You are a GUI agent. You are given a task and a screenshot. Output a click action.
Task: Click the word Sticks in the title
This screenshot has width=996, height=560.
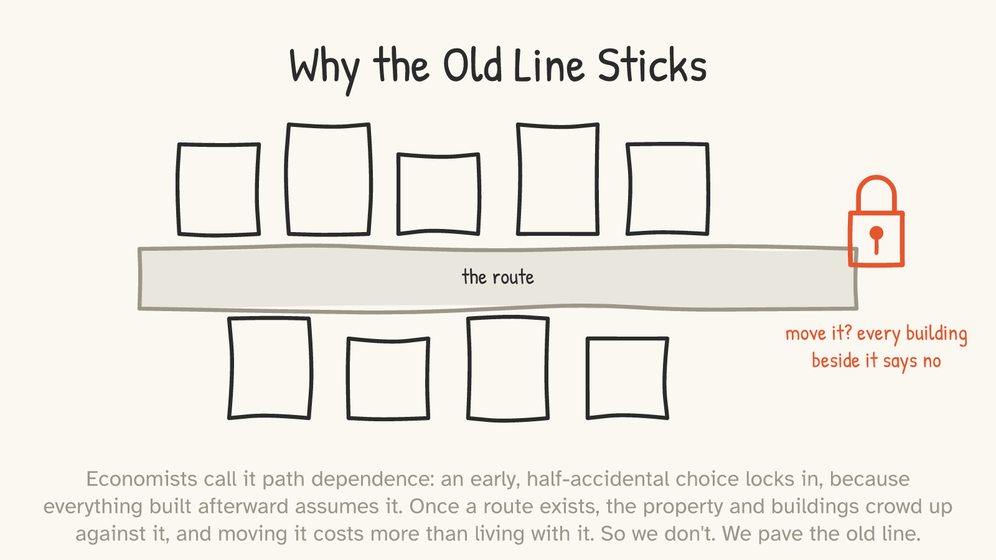point(652,66)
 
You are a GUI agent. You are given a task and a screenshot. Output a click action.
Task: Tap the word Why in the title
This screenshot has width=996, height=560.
point(324,70)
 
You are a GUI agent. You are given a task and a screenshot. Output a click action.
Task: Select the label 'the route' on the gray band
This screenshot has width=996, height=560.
point(497,277)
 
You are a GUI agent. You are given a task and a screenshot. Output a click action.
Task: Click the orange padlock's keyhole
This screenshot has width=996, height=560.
point(876,240)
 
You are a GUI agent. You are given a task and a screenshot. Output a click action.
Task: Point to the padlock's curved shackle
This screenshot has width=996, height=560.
point(876,178)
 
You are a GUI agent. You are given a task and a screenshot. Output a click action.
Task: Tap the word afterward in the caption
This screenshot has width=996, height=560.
point(244,506)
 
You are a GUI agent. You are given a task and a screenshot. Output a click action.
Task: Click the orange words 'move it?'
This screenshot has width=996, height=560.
point(819,334)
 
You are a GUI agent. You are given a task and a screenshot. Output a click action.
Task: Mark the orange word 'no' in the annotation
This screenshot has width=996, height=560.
point(931,362)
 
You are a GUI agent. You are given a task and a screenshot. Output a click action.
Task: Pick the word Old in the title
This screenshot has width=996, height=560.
point(472,66)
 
